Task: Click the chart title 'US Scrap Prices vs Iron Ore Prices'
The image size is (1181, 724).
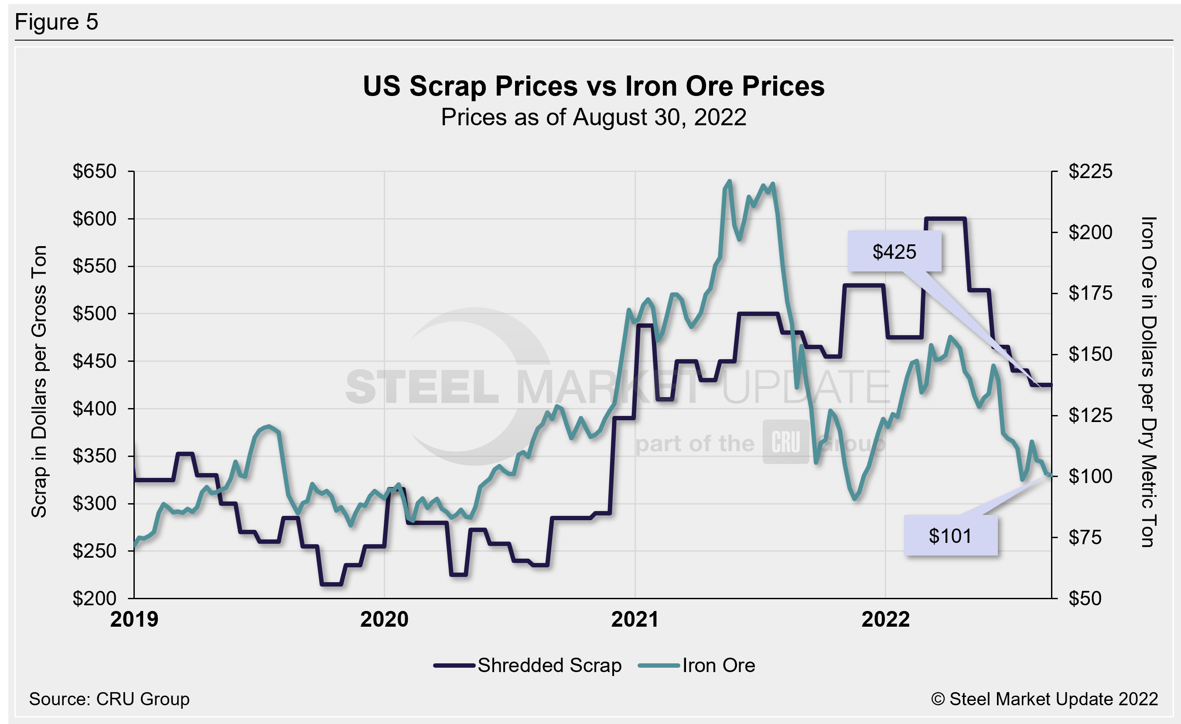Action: [594, 86]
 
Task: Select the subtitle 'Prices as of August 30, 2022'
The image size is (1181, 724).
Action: [594, 117]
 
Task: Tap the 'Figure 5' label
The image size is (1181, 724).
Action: [57, 22]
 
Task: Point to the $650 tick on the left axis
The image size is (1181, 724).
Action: [95, 171]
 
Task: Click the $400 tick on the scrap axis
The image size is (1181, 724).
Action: [95, 408]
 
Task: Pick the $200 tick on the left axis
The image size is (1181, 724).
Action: [95, 598]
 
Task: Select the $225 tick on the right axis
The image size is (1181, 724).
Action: [1090, 171]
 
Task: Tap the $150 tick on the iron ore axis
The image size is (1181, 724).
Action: [1090, 354]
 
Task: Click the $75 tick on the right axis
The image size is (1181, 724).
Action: [1090, 538]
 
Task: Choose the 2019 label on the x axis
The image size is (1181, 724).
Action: [134, 619]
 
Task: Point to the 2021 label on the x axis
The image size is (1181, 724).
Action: [635, 619]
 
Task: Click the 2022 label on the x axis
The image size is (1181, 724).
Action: [885, 619]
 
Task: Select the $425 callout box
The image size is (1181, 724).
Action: [894, 252]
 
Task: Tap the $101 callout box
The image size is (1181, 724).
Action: [950, 535]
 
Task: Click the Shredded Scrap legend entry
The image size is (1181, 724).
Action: [527, 666]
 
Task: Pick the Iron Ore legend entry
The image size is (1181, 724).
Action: [697, 666]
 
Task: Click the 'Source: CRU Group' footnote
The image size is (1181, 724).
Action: [109, 699]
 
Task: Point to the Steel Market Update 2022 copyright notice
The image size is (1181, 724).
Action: [1044, 699]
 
